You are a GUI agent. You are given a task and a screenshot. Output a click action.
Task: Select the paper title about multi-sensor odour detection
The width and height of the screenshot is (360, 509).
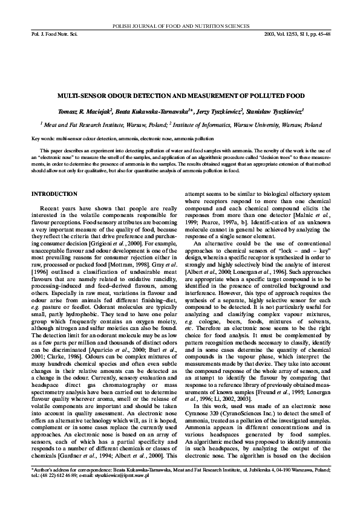(180, 96)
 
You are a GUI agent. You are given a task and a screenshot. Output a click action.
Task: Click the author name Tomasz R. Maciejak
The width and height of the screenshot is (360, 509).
(90, 111)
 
